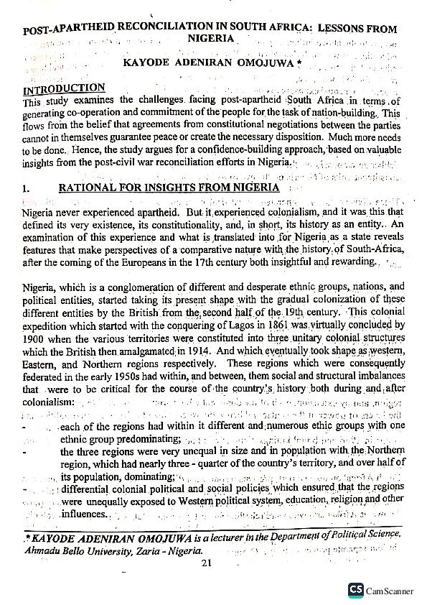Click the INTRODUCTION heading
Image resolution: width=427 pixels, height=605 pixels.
tap(64, 89)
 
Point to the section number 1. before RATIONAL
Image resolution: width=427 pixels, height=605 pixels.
tap(27, 189)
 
